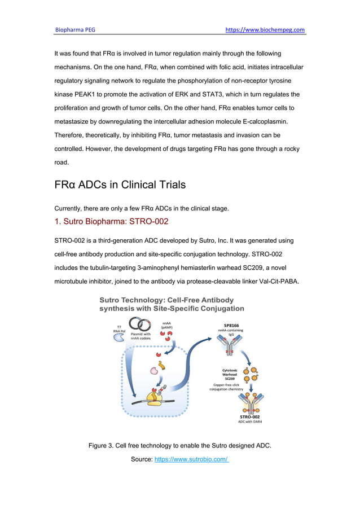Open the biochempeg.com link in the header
coord(265,29)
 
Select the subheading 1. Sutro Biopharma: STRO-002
coord(111,221)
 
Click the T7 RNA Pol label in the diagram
coord(118,329)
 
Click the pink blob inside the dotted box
coord(153,371)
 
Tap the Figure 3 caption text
coord(179,446)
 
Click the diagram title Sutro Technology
coord(172,304)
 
